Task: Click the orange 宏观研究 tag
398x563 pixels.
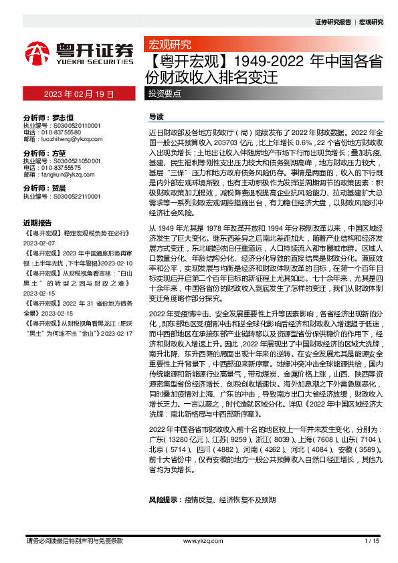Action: (x=166, y=45)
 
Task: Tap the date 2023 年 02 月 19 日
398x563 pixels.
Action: (x=79, y=94)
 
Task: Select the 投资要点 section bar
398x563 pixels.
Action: (x=165, y=94)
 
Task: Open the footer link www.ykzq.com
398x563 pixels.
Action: (x=199, y=540)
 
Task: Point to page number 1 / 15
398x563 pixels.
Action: (x=372, y=540)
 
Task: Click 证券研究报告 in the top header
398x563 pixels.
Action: (x=332, y=22)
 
